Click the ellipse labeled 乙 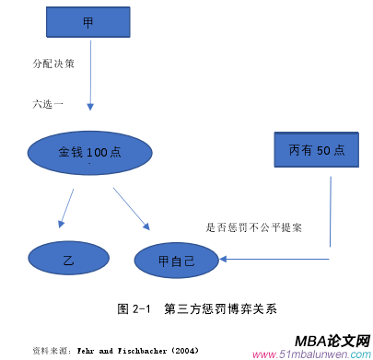coord(68,261)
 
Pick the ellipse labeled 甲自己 coord(176,261)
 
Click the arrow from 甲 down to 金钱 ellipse coord(90,83)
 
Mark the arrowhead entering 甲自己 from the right coord(224,259)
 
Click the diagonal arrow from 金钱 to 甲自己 coord(132,208)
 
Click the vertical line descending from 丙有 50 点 coord(329,212)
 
